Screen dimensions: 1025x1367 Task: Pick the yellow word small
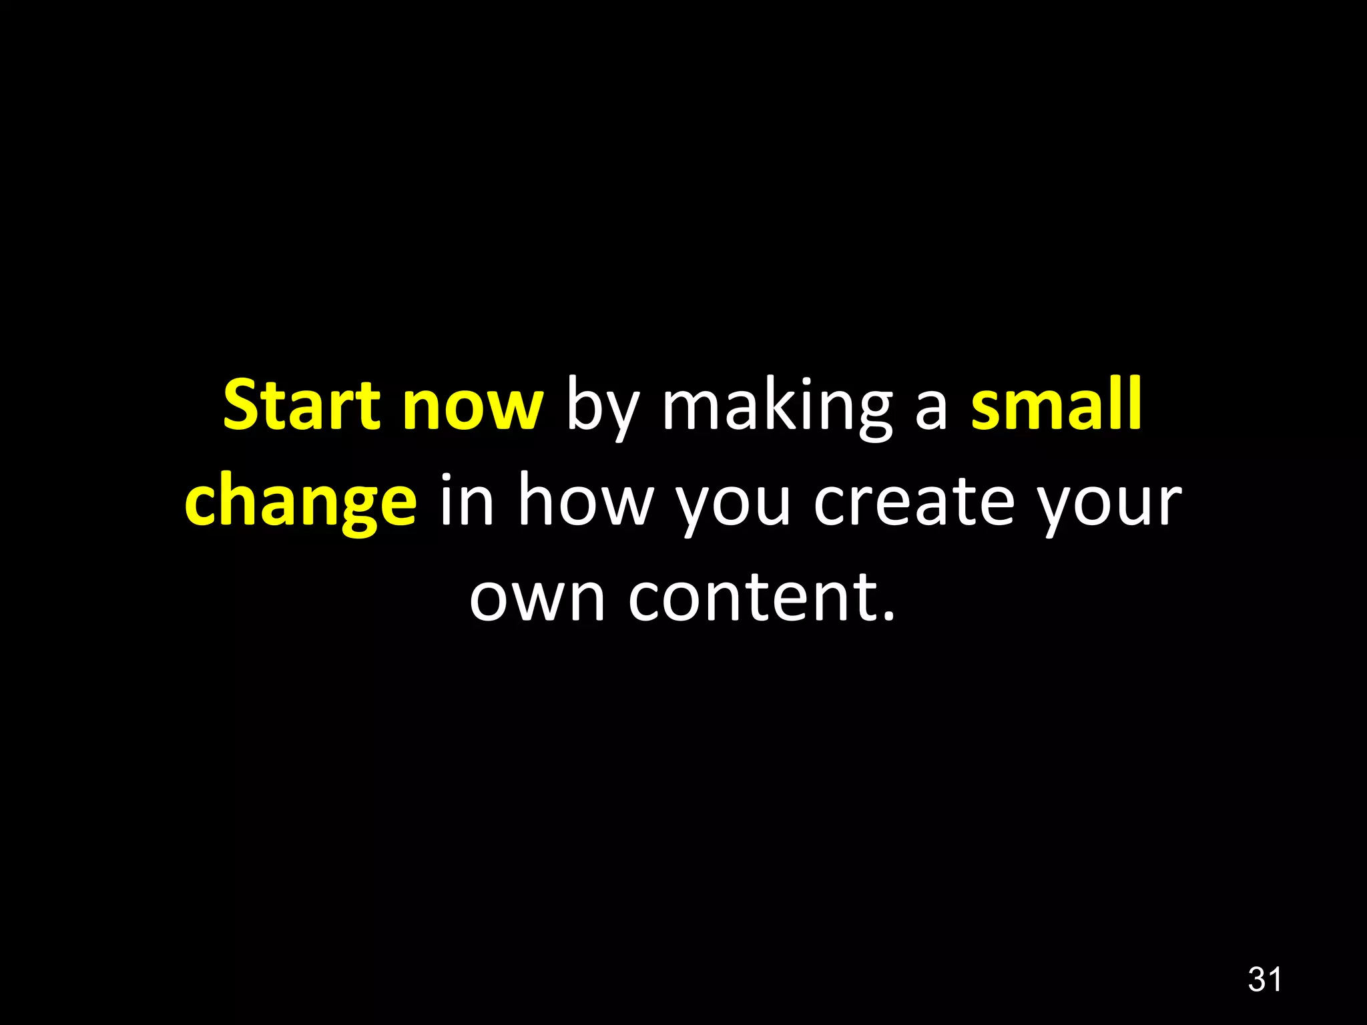pyautogui.click(x=1056, y=404)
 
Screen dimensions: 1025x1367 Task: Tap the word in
pyautogui.click(x=467, y=500)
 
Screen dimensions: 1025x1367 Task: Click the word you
pyautogui.click(x=734, y=504)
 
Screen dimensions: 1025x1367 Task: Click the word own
pyautogui.click(x=536, y=597)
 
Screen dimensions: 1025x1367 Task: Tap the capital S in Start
pyautogui.click(x=241, y=404)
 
